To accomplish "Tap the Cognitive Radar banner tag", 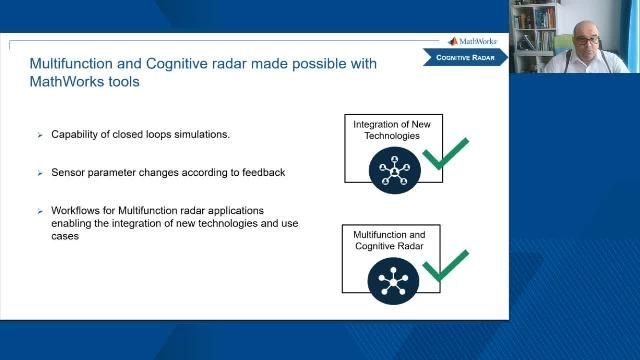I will (469, 58).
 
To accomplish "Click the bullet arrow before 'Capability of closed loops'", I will (40, 134).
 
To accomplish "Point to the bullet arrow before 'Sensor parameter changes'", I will (40, 173).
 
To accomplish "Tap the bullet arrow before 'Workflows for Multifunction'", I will (40, 212).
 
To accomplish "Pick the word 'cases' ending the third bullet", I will (64, 237).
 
